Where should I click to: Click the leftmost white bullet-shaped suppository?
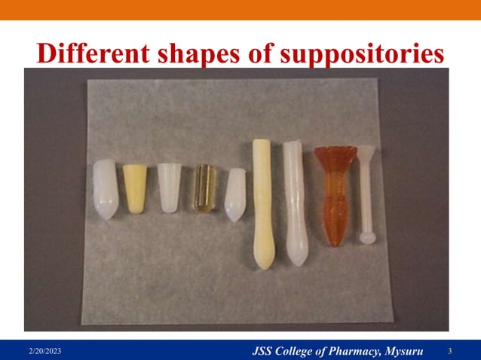pos(105,188)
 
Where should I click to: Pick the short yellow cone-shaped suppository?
pos(135,188)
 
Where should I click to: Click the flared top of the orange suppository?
pos(332,154)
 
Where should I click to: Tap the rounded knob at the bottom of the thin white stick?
pos(366,238)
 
